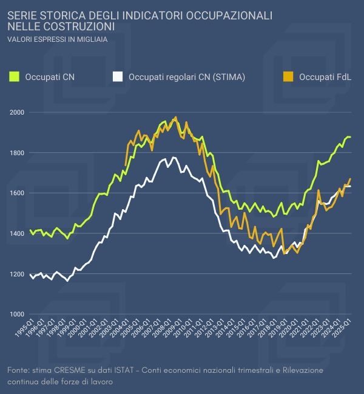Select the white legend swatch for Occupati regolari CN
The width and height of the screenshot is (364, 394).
pos(118,76)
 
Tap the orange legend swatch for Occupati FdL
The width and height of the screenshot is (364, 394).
pos(289,76)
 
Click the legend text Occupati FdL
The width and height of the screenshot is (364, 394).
pos(326,77)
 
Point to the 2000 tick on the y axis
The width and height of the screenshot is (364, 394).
pos(16,112)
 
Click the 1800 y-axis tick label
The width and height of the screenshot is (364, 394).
pos(16,153)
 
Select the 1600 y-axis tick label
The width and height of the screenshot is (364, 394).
pos(16,193)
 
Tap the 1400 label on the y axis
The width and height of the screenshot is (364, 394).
pos(16,233)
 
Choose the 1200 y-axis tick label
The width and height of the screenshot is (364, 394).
pos(16,274)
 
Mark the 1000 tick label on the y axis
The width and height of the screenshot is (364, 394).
pos(16,314)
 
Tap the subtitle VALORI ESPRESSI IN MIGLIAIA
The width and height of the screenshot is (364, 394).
pos(58,39)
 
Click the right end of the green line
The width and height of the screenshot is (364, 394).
pos(350,137)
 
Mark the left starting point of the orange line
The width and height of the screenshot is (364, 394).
pos(126,165)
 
